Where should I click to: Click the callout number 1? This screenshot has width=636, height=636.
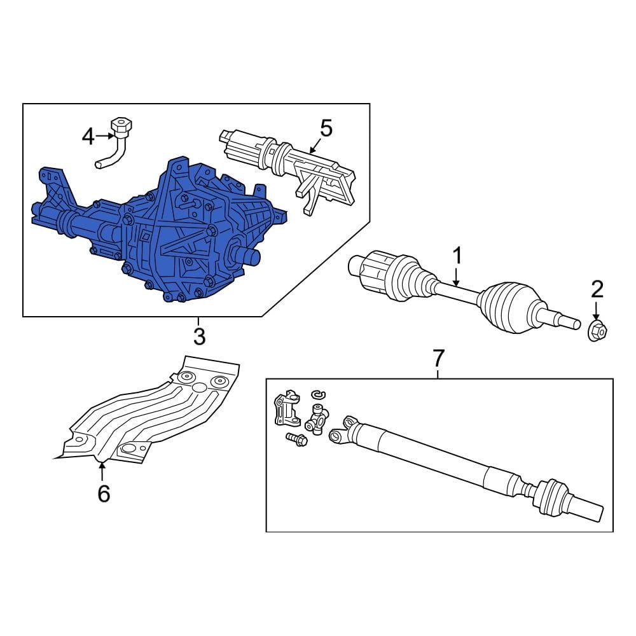pos(457,256)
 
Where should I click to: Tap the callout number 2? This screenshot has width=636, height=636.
pos(597,289)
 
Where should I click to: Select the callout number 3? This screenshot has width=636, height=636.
pos(199,336)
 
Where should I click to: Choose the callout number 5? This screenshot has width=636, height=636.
pos(326,128)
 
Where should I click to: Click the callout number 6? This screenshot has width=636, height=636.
pos(104,494)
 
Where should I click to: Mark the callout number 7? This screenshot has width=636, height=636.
pos(438,357)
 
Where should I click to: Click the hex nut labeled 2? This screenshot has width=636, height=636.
pos(597,331)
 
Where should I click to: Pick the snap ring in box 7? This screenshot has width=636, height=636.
pos(319,394)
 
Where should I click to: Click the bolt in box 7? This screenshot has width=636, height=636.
pos(296,439)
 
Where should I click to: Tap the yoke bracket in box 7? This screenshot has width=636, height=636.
pos(287,408)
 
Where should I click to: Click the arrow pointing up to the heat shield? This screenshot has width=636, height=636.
pos(102,472)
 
